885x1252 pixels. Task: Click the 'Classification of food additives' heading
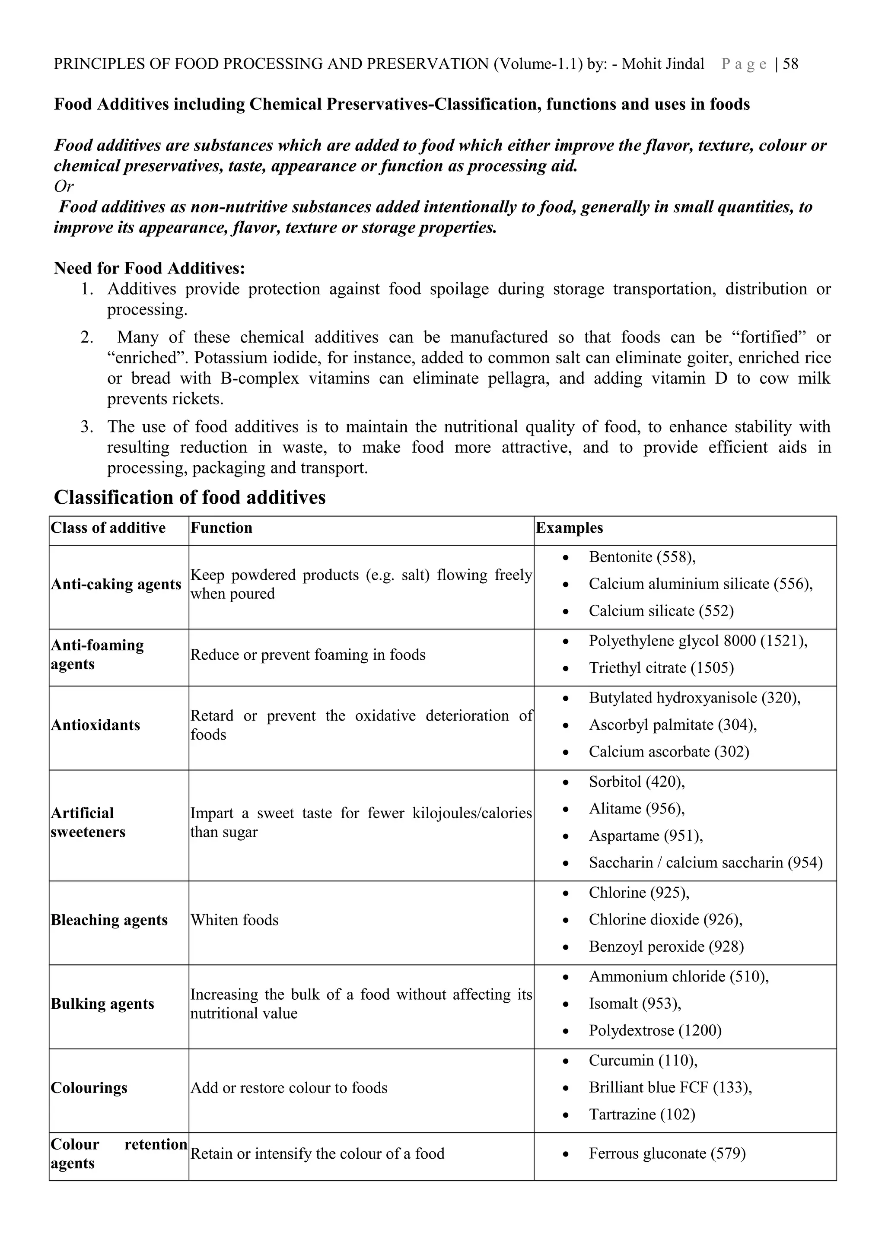(x=189, y=497)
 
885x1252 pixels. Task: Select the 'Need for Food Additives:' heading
(x=150, y=268)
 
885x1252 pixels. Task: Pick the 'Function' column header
(x=221, y=528)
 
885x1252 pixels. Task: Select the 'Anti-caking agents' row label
(x=116, y=585)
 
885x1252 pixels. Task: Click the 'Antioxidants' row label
(x=96, y=725)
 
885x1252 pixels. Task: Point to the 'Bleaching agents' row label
(x=109, y=920)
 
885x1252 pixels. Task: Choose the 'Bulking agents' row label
(x=102, y=1004)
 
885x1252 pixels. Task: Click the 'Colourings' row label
(x=89, y=1088)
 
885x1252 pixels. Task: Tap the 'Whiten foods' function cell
(x=235, y=920)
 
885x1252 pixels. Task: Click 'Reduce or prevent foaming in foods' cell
(x=308, y=655)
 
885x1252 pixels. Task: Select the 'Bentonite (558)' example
(x=642, y=557)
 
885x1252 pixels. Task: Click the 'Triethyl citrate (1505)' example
(x=661, y=668)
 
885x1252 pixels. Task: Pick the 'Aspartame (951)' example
(x=646, y=836)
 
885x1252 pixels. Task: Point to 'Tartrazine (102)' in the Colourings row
(x=642, y=1115)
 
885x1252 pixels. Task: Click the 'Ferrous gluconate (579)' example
(x=667, y=1154)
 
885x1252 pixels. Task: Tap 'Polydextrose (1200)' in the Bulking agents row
(x=655, y=1031)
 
